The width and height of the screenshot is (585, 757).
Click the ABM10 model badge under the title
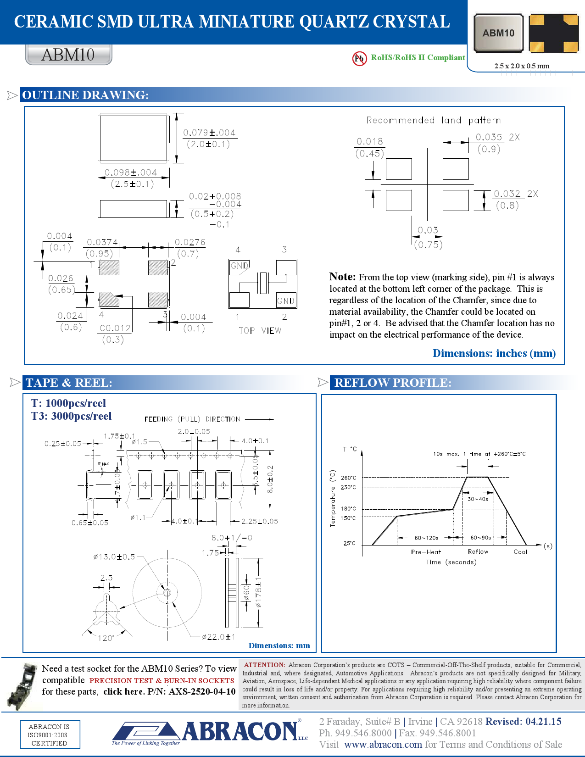click(x=68, y=55)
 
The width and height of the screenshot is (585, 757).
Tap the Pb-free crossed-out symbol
click(x=359, y=58)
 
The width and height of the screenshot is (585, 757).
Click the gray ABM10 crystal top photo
click(x=498, y=33)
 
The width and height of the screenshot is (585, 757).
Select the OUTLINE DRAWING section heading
click(x=85, y=95)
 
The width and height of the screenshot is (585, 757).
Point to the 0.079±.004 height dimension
click(x=209, y=133)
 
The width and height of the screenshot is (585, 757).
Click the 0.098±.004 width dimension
click(x=131, y=173)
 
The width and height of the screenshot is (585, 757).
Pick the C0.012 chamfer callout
click(x=115, y=328)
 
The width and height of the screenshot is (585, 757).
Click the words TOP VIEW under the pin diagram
click(x=260, y=330)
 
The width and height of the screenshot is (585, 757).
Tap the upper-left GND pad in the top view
click(x=239, y=266)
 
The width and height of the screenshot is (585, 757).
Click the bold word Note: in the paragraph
click(x=342, y=277)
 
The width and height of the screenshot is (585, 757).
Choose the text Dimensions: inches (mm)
click(x=494, y=353)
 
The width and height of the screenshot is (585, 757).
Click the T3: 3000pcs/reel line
click(x=72, y=416)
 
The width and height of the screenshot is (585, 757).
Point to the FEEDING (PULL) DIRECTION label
click(x=192, y=419)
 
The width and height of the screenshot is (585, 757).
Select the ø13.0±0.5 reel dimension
click(x=114, y=557)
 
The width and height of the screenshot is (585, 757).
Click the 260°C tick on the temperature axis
click(x=348, y=478)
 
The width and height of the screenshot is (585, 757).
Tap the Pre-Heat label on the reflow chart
click(x=425, y=552)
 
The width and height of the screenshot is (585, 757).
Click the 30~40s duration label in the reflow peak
click(x=478, y=499)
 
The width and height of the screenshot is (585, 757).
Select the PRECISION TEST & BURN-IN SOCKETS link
click(x=162, y=680)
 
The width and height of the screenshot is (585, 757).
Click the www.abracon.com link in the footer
click(x=383, y=744)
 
